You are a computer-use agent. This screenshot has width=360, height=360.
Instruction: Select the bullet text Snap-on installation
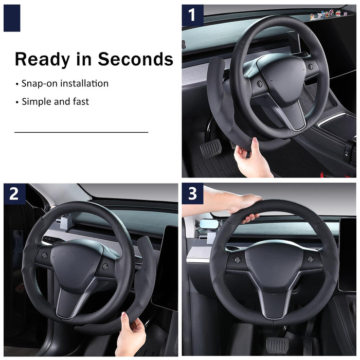click(65, 83)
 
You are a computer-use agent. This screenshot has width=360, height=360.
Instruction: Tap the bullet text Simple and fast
click(55, 101)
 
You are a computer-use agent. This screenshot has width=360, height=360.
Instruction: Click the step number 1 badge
click(192, 15)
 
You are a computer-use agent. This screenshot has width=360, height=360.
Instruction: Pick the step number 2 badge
click(14, 194)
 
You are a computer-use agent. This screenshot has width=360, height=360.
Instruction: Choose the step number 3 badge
click(192, 194)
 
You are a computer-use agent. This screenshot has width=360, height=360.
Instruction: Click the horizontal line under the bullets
click(81, 132)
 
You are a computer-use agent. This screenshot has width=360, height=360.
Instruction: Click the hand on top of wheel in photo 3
click(242, 206)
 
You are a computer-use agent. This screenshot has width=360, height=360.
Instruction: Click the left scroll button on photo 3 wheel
click(238, 260)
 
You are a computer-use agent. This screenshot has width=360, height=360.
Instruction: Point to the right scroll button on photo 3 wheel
click(310, 259)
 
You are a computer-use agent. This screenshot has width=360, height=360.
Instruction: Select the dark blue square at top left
click(12, 18)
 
